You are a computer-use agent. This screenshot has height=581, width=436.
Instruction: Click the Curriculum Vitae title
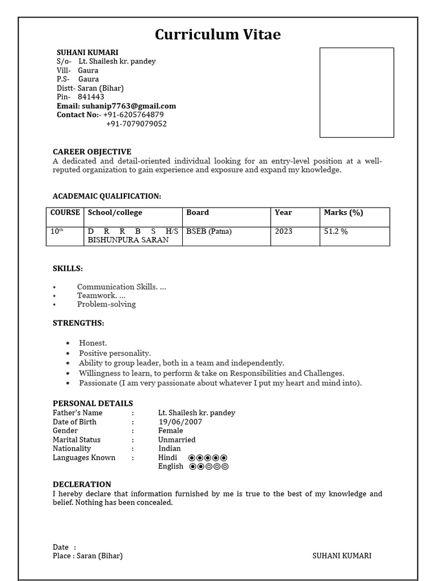coord(218,35)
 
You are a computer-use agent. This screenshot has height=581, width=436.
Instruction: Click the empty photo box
coord(357,92)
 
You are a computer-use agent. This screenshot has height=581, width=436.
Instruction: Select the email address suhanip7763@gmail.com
coord(132,106)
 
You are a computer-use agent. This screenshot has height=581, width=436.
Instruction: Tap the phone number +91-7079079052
coord(136,124)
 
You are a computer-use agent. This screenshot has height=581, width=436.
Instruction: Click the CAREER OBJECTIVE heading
coord(92,151)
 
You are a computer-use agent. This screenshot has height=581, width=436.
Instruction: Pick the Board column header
coord(198,213)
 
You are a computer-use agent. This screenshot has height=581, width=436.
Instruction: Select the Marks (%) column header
coord(343,213)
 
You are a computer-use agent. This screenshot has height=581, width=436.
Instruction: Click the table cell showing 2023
coord(283,231)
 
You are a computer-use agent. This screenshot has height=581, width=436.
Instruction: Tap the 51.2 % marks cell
coord(336,231)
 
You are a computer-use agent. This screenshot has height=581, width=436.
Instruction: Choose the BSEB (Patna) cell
coord(209,231)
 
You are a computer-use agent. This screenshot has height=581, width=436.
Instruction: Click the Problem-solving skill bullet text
coord(107,304)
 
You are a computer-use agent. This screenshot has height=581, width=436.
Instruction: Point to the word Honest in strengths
coord(93,343)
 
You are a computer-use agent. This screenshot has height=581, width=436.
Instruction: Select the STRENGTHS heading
coord(78,323)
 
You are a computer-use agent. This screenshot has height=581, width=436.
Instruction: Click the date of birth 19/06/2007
coord(180,422)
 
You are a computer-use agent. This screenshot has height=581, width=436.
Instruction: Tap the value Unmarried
coord(177,440)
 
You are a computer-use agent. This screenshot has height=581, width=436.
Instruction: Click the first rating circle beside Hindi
coord(192,458)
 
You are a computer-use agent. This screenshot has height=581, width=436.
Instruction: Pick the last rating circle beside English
coord(225,467)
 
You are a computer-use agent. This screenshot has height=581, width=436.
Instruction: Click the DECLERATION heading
coord(82,484)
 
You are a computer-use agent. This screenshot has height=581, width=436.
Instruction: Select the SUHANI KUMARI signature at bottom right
coord(342,556)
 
